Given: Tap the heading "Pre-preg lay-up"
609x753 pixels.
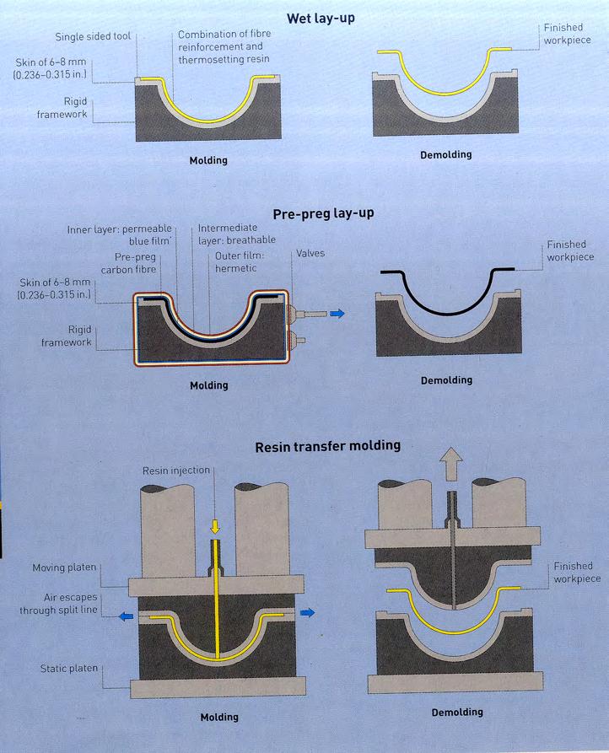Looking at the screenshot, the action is click(323, 213).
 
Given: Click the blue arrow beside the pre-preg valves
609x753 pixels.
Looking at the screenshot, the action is click(337, 313).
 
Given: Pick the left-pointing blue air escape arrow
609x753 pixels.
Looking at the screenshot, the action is click(126, 616).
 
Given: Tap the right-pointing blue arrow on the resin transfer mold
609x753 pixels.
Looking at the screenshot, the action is click(310, 613).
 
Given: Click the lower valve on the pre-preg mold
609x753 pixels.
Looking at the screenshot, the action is click(293, 342).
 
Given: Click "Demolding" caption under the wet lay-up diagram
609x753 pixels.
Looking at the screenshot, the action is click(446, 155).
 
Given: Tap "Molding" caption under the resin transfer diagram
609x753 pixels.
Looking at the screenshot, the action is click(219, 718).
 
